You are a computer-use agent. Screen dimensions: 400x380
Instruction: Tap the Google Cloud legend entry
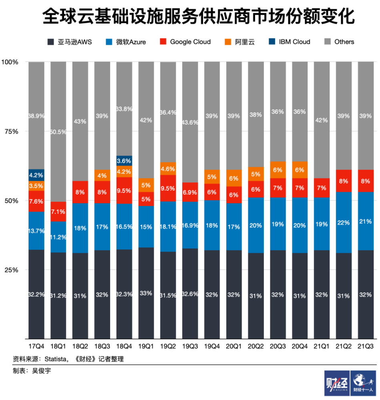coord(185,42)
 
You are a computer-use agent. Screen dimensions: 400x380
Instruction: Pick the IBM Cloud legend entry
coord(289,42)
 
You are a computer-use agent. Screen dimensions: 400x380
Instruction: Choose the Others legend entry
coord(339,42)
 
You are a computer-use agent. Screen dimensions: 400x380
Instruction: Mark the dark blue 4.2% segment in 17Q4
coord(36,175)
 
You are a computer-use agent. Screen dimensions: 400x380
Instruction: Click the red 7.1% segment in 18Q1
coord(58,211)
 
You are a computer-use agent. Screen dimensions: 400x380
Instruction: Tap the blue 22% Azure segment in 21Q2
coord(343,222)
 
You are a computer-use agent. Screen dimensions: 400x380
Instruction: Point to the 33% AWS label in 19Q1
coord(146,293)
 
